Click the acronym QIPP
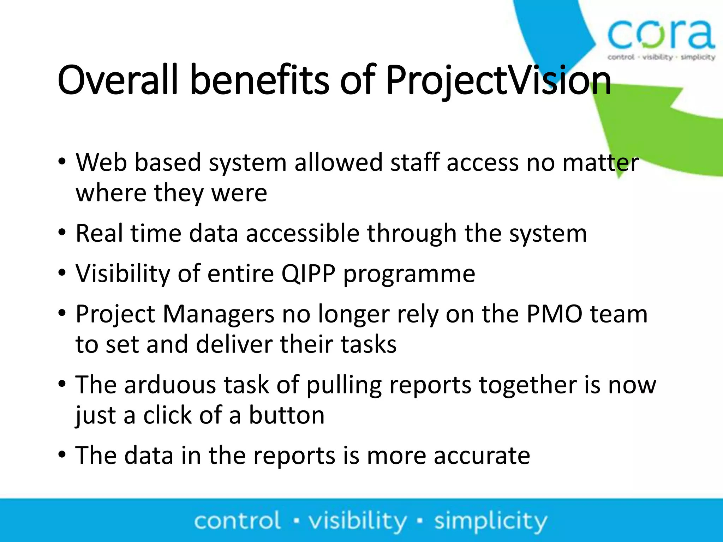pos(308,274)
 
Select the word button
pos(287,415)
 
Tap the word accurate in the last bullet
pos(482,456)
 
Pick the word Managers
pos(218,314)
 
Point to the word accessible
pos(303,234)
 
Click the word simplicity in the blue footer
pos(491,521)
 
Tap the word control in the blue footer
pos(237,521)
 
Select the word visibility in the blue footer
pos(358,521)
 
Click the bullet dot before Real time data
pos(62,233)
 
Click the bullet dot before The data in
pos(62,455)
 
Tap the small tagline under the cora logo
pos(661,57)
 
